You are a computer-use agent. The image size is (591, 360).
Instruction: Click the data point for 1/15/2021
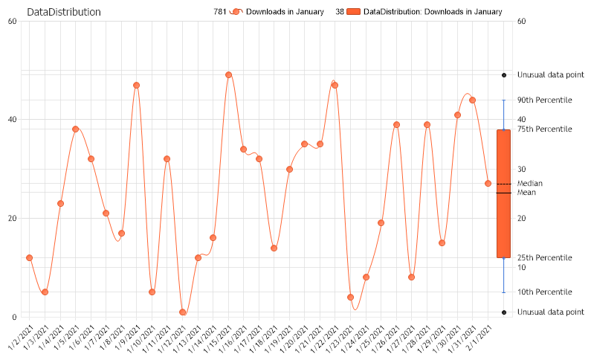point(228,75)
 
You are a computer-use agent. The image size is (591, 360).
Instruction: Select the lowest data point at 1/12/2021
point(182,312)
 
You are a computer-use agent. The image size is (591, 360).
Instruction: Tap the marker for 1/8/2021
point(136,86)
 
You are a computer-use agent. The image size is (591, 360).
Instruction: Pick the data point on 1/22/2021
point(335,86)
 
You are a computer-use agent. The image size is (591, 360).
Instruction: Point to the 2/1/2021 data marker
point(488,184)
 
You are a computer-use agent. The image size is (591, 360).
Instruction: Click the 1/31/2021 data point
point(473,100)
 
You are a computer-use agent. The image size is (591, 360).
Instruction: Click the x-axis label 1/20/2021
point(296,340)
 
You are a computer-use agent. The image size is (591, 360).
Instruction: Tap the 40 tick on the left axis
point(13,120)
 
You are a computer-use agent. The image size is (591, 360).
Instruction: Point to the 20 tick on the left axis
point(13,219)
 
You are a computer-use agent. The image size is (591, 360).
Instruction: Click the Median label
point(530,183)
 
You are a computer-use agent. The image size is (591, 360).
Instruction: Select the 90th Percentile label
point(544,100)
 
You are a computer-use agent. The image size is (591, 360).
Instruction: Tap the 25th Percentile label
point(544,257)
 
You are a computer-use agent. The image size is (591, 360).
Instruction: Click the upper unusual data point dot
point(504,75)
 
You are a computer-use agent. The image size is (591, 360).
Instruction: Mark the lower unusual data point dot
point(504,312)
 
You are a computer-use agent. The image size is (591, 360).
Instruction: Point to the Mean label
point(526,193)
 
